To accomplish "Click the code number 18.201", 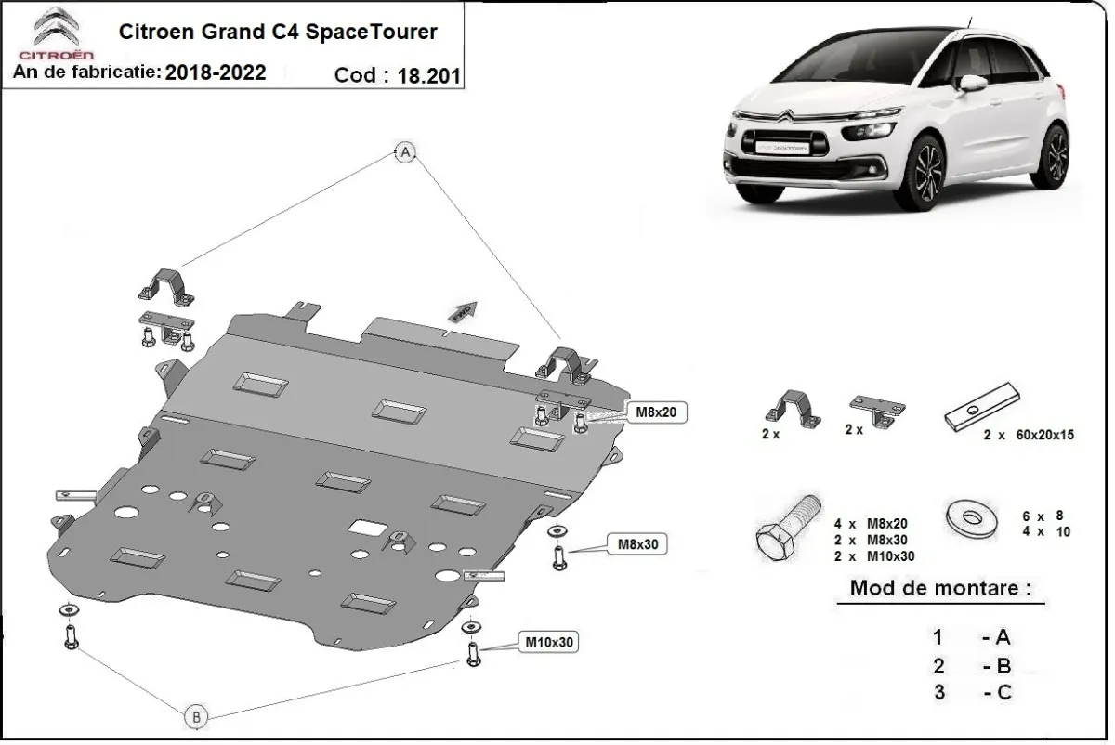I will pos(428,76).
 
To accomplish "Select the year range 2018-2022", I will pos(216,72).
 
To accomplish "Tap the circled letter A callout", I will pos(405,152).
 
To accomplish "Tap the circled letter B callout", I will pos(196,716).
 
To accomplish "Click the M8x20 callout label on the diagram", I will pos(659,411).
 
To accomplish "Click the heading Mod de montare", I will pos(939,589).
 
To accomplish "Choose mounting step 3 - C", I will pos(971,691).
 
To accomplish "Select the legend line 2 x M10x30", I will pos(874,555).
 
